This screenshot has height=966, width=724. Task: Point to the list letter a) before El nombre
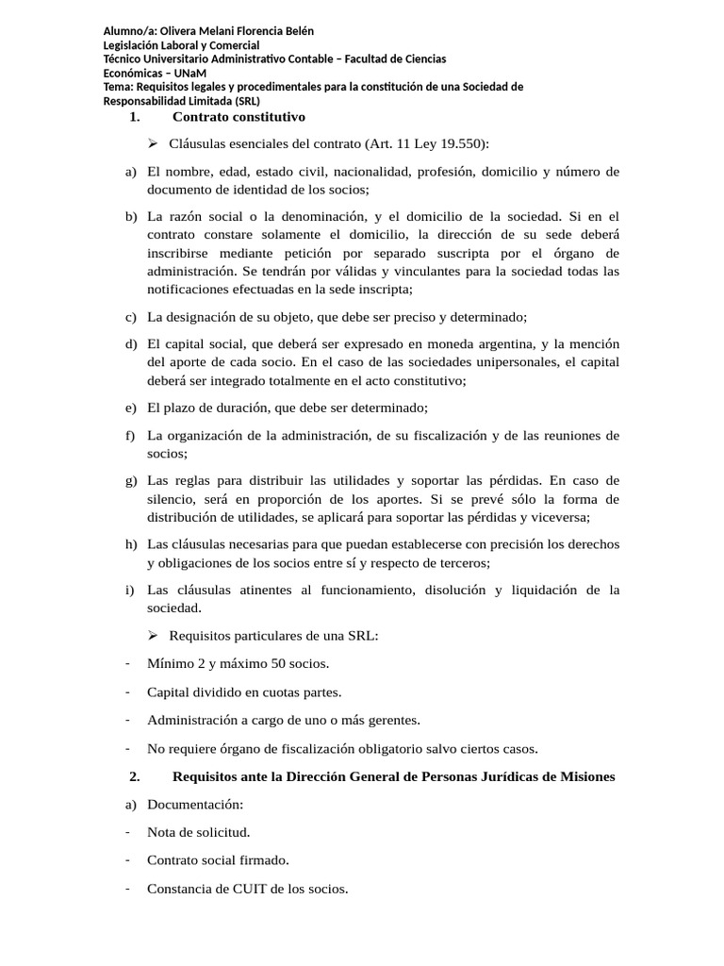click(130, 172)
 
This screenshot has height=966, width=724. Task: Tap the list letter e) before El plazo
click(130, 408)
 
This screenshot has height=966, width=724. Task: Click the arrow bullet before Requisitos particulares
click(153, 635)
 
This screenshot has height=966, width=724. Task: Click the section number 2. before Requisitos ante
click(134, 776)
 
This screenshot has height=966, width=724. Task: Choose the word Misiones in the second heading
click(584, 776)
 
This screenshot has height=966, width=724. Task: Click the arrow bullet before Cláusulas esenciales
click(153, 144)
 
